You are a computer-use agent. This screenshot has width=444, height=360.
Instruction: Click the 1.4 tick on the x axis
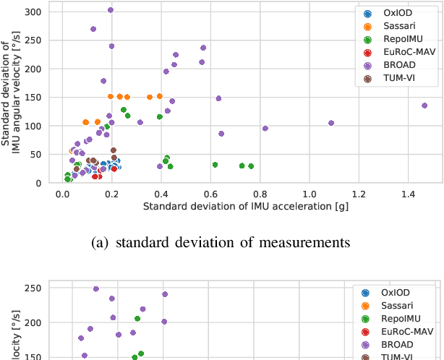point(409,194)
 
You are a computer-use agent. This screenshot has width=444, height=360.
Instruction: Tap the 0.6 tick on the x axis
point(210,194)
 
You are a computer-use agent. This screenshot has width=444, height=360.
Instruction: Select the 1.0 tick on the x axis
point(309,194)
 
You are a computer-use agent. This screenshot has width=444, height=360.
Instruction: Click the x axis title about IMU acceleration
point(236,207)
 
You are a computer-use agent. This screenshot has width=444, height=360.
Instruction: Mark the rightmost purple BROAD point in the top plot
point(424,106)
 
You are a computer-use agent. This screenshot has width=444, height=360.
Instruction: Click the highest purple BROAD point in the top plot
point(111,10)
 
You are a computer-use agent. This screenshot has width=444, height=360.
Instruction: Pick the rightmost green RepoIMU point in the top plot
point(251,166)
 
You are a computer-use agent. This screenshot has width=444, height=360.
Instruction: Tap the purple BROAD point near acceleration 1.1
point(331,123)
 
